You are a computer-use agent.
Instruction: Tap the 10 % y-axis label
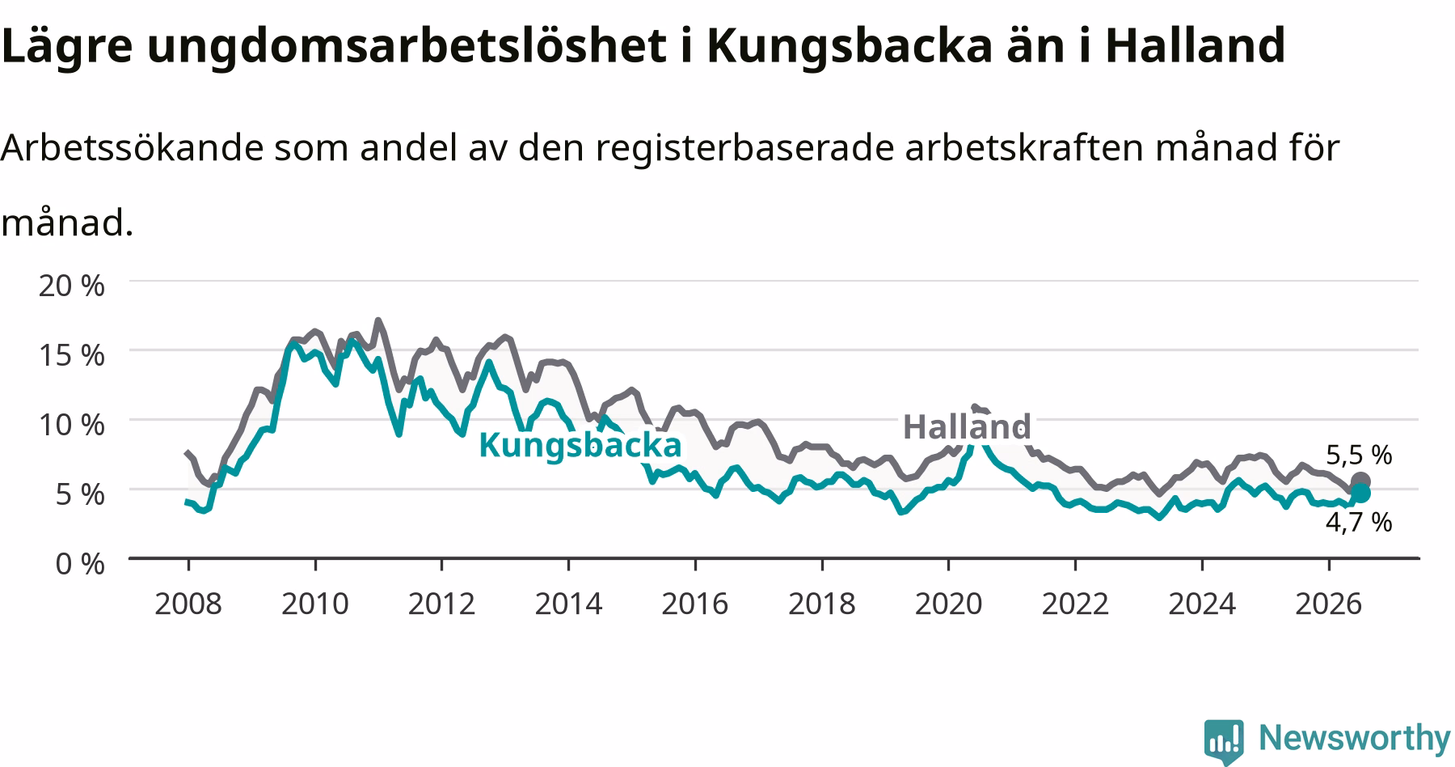[x=72, y=424]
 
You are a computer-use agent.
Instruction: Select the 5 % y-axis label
[x=81, y=494]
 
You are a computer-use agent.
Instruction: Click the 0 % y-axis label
[x=81, y=563]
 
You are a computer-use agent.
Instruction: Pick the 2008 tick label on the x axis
[x=188, y=604]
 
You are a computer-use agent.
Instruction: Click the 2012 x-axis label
[x=441, y=604]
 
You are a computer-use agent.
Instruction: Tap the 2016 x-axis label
[x=695, y=604]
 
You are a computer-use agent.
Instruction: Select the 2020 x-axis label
[x=948, y=604]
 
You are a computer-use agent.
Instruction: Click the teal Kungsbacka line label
[x=580, y=446]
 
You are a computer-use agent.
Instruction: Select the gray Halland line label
[x=967, y=426]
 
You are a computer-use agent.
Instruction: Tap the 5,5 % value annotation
[x=1359, y=456]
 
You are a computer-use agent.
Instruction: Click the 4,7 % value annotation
[x=1359, y=522]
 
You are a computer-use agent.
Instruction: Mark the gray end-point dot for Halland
[x=1360, y=481]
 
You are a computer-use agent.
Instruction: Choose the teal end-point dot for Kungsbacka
[x=1360, y=494]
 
